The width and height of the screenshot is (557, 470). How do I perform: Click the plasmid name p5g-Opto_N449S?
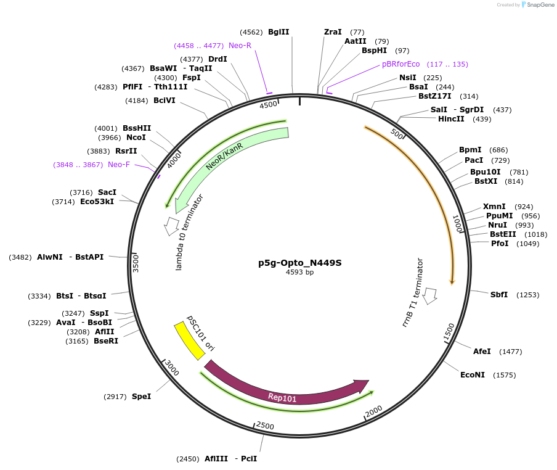click(x=299, y=263)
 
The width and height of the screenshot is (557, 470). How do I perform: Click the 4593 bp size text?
click(x=299, y=272)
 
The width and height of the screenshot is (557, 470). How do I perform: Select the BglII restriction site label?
click(x=278, y=32)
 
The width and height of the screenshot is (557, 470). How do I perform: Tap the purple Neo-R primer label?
click(x=240, y=46)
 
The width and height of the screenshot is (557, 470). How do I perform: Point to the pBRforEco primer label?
click(x=400, y=64)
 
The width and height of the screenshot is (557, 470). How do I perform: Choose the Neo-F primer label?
click(x=119, y=165)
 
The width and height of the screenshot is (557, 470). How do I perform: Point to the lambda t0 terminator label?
click(x=189, y=232)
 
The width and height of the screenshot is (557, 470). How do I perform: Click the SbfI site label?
click(x=499, y=295)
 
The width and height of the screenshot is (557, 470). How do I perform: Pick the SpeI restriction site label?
click(x=141, y=397)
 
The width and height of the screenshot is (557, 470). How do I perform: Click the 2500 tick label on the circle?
click(x=265, y=426)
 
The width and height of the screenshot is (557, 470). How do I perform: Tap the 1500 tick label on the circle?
click(x=450, y=331)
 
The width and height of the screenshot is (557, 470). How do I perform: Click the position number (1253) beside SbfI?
click(x=527, y=295)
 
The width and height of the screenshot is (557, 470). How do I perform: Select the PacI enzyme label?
click(x=474, y=160)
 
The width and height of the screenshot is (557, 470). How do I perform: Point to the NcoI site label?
click(x=136, y=138)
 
